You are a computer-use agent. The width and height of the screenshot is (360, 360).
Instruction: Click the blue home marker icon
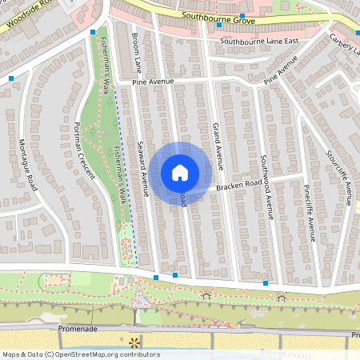180,172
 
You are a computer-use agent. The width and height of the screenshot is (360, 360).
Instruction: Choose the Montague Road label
29,163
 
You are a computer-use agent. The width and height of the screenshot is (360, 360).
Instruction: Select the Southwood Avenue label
267,187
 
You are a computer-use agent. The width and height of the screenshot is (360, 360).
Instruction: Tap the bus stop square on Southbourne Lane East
219,25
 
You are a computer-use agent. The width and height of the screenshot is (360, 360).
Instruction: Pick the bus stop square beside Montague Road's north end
11,78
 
